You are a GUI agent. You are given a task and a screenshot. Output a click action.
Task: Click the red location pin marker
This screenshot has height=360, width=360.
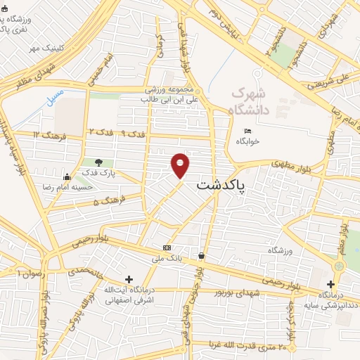tap(181, 166)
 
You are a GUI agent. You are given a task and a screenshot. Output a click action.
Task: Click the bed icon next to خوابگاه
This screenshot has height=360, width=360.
tap(247, 131)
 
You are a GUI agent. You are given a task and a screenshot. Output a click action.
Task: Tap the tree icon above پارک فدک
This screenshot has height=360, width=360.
tap(107, 162)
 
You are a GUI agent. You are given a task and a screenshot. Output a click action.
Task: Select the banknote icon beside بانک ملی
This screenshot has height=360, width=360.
tap(167, 247)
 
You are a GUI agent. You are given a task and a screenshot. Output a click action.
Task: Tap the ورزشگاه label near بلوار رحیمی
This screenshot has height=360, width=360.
tap(279, 250)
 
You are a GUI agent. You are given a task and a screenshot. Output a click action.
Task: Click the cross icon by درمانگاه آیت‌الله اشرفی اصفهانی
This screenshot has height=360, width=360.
tap(128, 279)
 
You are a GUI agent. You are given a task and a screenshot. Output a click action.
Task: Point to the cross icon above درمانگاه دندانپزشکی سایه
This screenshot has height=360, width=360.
tap(331, 283)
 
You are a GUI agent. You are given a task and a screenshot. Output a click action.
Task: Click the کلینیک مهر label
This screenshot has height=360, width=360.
tap(46, 48)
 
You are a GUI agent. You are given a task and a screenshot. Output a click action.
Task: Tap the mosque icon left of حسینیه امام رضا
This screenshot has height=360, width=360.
tap(66, 177)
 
